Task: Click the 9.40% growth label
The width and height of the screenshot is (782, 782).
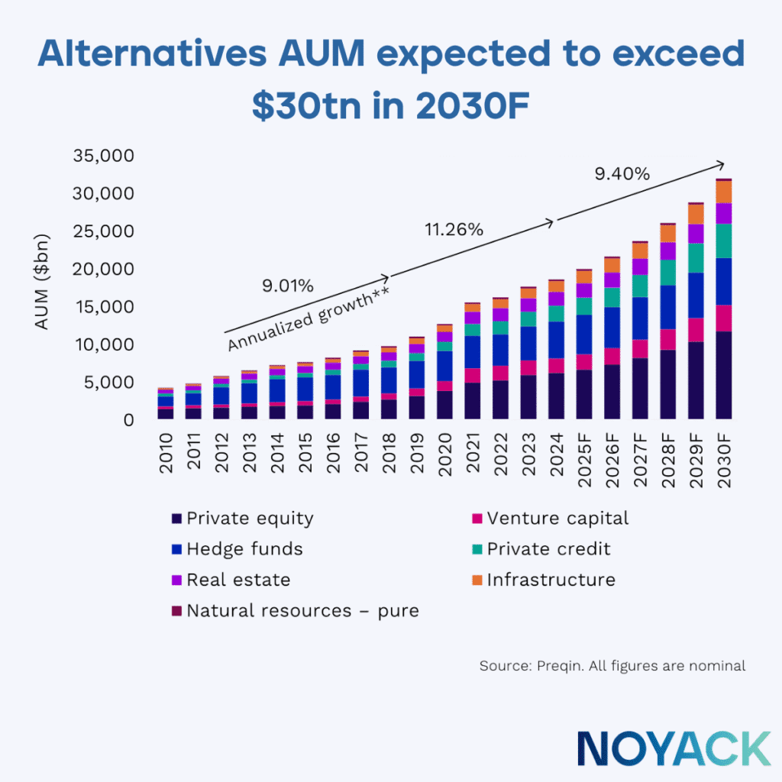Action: tap(622, 174)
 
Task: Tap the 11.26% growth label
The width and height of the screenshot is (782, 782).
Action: tap(454, 229)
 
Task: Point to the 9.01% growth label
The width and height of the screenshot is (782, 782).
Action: tap(287, 286)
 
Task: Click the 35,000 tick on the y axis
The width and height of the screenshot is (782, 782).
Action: tap(104, 156)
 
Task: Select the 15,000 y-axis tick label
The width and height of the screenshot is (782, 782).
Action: tap(104, 307)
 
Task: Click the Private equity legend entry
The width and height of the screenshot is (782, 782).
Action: tap(249, 519)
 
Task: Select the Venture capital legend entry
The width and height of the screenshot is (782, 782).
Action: tap(557, 519)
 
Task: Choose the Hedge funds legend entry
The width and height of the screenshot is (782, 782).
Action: tap(244, 549)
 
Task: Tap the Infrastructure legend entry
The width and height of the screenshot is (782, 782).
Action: tap(551, 580)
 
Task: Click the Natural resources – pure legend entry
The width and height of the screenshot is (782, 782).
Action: tap(302, 610)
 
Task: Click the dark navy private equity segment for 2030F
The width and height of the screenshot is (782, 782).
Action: tap(723, 374)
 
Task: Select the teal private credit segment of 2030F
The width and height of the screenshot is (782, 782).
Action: tap(723, 241)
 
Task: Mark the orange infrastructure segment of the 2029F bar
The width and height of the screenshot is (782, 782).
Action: tap(696, 214)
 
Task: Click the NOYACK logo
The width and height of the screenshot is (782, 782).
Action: tap(674, 748)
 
